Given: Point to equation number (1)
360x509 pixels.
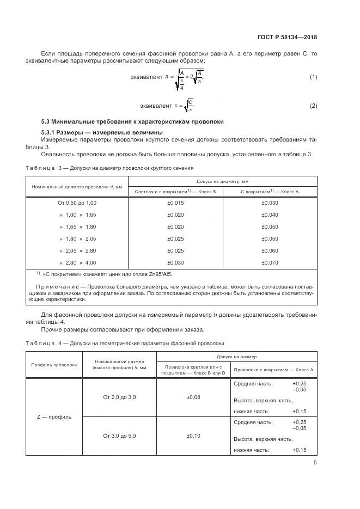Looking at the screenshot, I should [313, 77].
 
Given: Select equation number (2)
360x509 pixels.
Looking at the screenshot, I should [313, 106].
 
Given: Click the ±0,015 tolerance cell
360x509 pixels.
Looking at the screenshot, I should [176, 203].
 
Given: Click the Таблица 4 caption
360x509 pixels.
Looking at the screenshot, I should [125, 344].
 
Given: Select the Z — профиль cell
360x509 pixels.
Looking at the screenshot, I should [53, 416].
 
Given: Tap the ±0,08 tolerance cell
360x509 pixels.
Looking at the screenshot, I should [193, 397].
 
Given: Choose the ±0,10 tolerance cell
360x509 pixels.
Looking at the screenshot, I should [193, 436].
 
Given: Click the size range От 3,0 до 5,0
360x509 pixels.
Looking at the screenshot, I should [119, 436].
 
